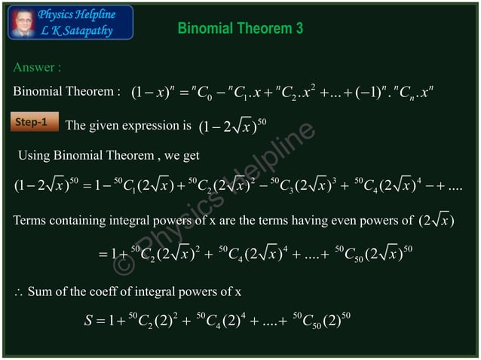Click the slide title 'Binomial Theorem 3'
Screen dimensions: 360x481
(x=240, y=29)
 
